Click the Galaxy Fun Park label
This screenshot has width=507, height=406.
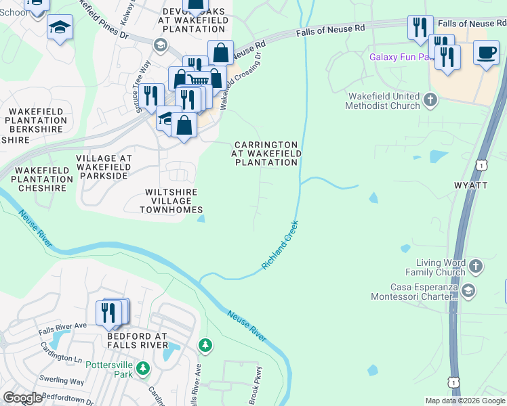pyautogui.click(x=401, y=57)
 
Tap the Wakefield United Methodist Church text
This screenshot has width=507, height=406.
pyautogui.click(x=382, y=101)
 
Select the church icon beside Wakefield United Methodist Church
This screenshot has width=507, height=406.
pyautogui.click(x=430, y=101)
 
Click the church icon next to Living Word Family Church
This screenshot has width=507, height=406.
pyautogui.click(x=476, y=266)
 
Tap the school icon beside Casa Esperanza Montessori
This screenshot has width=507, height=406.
pyautogui.click(x=468, y=291)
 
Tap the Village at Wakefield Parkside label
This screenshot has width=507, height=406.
pyautogui.click(x=104, y=166)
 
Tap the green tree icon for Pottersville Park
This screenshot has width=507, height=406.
pyautogui.click(x=142, y=369)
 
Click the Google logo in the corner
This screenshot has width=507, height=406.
pyautogui.click(x=22, y=398)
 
